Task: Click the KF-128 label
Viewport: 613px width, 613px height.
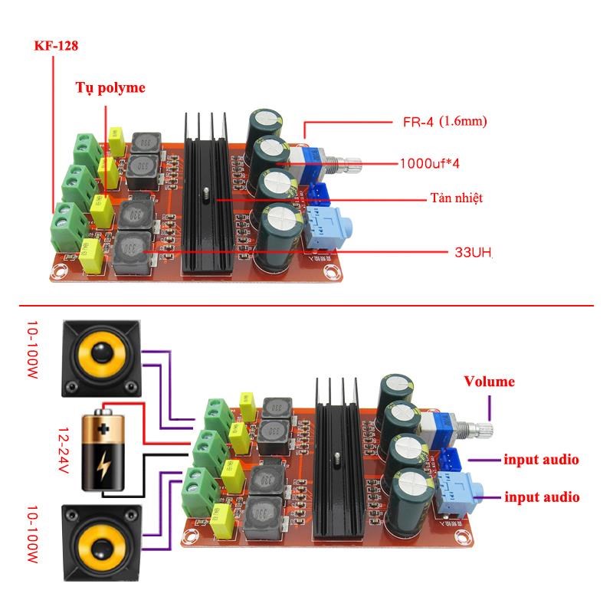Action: [56, 46]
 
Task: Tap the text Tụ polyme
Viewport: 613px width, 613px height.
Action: [110, 87]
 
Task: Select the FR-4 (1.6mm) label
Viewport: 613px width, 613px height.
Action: [445, 121]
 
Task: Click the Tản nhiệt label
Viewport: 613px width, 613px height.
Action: [456, 198]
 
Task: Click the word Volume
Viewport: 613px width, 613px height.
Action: [489, 382]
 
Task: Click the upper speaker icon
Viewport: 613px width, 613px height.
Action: [100, 354]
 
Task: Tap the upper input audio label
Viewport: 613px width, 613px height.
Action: [541, 460]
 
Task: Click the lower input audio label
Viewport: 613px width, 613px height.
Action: [541, 497]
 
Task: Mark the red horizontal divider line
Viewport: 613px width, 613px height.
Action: [306, 305]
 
